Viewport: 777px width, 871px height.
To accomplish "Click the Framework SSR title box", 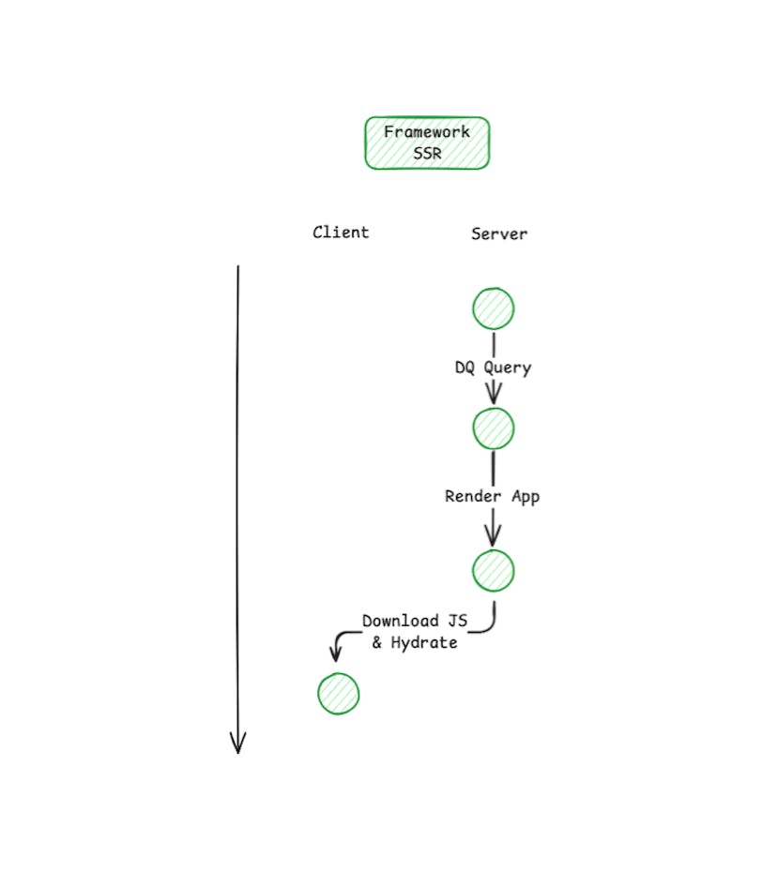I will click(x=427, y=143).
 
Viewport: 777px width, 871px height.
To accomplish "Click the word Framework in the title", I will click(x=427, y=132).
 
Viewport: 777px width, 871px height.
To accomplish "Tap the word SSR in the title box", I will click(x=427, y=154).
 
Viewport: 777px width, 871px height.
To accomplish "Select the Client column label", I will click(x=341, y=233).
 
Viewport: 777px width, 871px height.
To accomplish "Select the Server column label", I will click(x=499, y=233).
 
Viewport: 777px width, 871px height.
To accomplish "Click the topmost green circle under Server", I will click(x=494, y=309).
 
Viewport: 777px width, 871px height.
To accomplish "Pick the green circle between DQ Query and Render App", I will click(x=494, y=428).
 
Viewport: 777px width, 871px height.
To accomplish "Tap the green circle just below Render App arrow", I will click(x=494, y=570).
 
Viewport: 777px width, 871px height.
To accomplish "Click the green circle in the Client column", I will click(x=338, y=694).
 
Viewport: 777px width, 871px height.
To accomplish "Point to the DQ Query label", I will click(x=493, y=368).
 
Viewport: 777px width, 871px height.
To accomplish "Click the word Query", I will click(x=508, y=368).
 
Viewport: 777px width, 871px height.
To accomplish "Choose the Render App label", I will click(x=493, y=496).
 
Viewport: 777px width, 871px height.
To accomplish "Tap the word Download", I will click(x=401, y=621).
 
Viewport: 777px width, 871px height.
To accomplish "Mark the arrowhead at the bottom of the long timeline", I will click(x=237, y=744).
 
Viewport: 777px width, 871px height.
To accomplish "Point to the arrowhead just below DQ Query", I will click(x=494, y=396).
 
